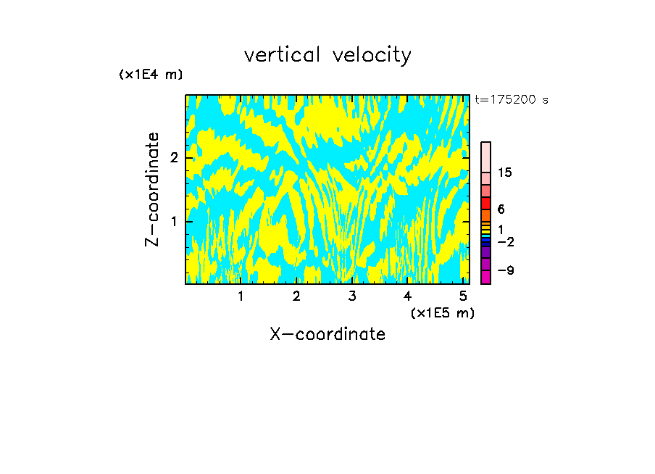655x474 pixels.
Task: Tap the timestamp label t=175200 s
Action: pos(512,100)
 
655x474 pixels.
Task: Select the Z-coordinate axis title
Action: pos(152,189)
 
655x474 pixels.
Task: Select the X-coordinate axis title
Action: pos(327,334)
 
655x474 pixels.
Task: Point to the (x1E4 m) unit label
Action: pos(151,75)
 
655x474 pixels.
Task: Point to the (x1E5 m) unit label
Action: pos(442,312)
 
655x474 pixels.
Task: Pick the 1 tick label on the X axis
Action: pos(241,296)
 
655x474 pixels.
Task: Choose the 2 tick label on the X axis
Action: pos(296,296)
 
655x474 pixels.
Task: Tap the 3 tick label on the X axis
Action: pos(352,296)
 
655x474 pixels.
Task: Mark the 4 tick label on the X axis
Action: pos(408,296)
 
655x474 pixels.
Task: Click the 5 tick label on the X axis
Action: pos(463,296)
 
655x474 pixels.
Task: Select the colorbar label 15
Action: pos(505,172)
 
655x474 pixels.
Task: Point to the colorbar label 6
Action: pos(501,209)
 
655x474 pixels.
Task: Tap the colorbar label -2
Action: pos(505,242)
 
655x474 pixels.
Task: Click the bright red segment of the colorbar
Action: pos(486,203)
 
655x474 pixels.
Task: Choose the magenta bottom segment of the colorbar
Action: pos(486,277)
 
